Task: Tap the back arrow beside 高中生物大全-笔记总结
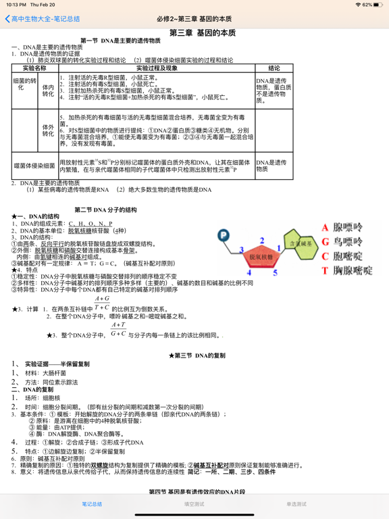[7, 19]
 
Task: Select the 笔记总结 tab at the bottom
[92, 504]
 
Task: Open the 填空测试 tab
[194, 504]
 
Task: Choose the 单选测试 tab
[296, 504]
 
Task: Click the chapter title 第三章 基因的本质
[202, 32]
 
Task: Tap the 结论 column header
[274, 68]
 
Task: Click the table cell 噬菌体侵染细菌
[34, 165]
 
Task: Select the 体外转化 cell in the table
[48, 130]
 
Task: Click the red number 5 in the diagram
[275, 272]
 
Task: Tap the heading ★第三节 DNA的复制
[197, 355]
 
